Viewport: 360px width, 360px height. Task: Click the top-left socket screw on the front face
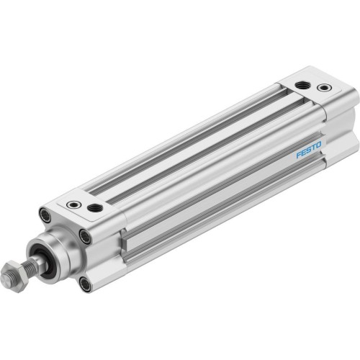click(x=46, y=215)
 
